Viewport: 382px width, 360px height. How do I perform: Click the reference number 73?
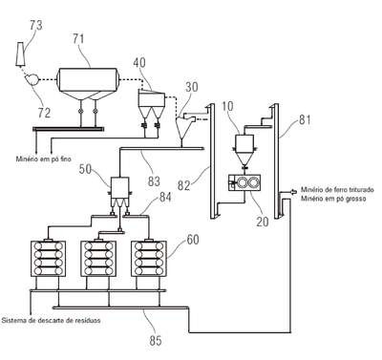36,26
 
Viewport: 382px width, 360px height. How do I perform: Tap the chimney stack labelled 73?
20,55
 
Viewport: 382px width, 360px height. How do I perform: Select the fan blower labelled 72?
32,78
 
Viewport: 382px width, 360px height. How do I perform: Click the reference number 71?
78,39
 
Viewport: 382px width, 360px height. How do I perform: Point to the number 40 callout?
139,62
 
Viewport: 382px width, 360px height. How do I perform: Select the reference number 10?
227,106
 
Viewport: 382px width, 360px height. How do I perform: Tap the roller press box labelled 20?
244,183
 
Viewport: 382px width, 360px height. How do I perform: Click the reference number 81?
305,120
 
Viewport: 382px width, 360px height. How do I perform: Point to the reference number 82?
183,185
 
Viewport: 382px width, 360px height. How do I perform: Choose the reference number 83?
154,181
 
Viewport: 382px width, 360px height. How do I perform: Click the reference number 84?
164,197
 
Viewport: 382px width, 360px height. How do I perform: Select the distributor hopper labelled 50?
119,192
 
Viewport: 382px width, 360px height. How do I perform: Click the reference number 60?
193,240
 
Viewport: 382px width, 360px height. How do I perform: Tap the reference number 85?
156,341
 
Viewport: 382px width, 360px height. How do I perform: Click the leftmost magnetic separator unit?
48,259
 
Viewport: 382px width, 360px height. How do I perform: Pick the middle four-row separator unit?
98,259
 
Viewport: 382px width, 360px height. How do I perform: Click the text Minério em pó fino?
44,159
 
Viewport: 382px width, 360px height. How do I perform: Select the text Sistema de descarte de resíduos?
52,320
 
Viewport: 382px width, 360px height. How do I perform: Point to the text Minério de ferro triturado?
337,190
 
